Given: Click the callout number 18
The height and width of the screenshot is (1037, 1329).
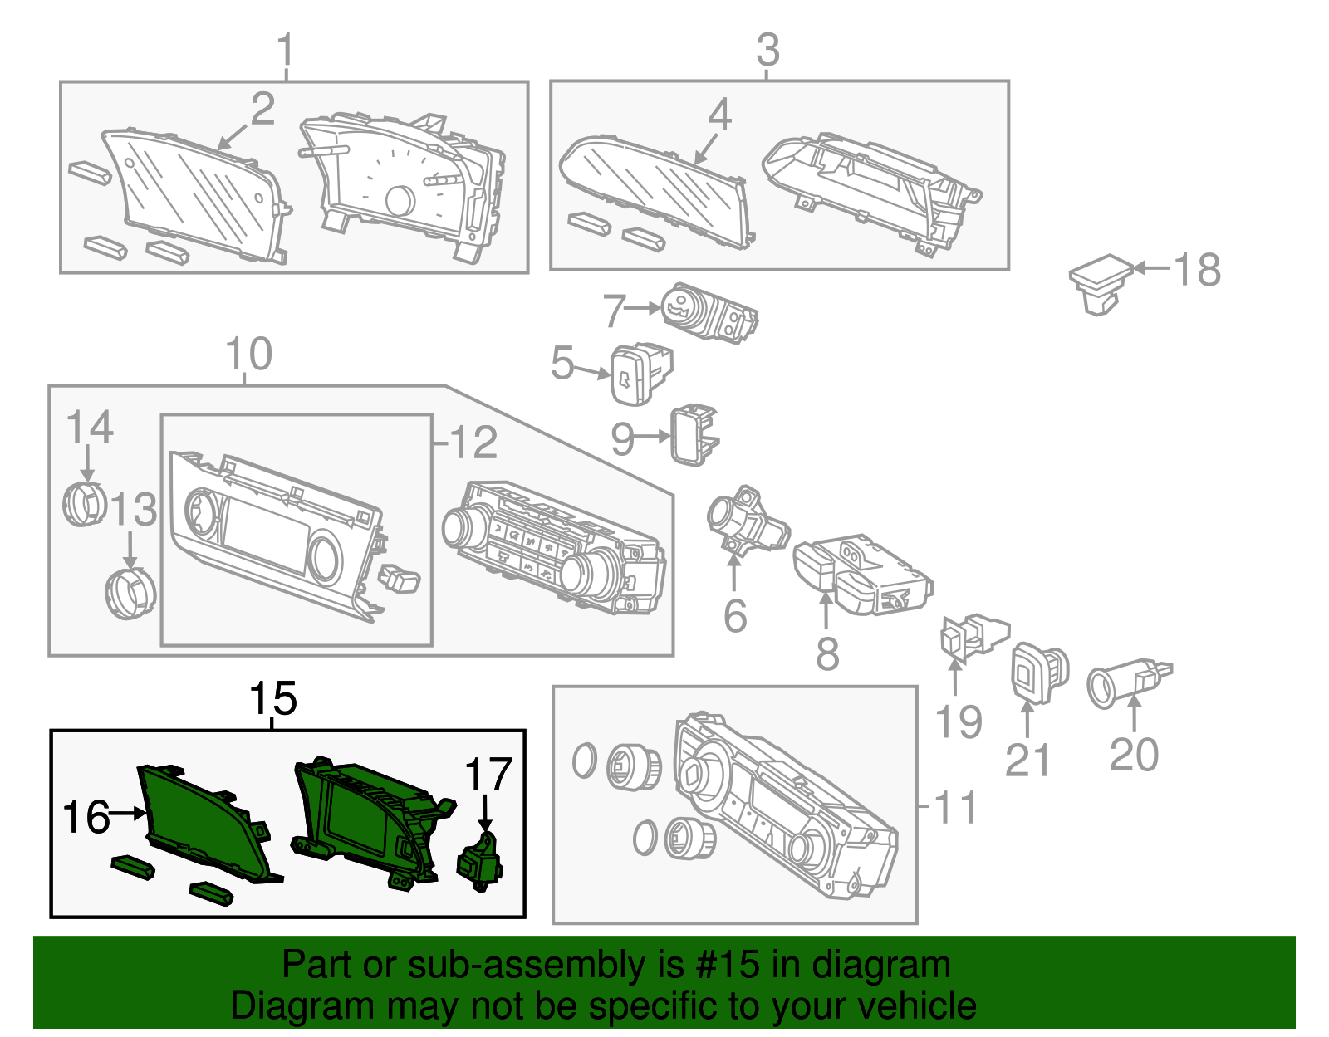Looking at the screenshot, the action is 1197,270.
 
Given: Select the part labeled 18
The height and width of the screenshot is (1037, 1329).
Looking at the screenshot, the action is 1101,284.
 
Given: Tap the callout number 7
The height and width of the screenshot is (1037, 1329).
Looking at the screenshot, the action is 615,311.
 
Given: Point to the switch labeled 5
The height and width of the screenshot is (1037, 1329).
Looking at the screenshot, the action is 641,374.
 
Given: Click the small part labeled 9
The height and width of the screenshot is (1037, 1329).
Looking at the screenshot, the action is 694,434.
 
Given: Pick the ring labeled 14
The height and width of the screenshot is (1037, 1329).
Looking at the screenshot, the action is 85,504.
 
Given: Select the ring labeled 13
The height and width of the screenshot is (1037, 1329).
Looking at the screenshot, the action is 130,593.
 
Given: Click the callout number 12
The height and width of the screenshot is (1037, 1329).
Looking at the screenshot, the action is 473,442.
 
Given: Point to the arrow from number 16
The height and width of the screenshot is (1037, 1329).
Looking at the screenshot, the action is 128,814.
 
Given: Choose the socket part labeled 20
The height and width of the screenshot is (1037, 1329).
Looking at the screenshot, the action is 1130,682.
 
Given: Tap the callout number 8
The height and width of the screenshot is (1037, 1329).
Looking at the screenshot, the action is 827,653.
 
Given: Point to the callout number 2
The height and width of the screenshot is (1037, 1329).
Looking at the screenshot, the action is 262,109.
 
